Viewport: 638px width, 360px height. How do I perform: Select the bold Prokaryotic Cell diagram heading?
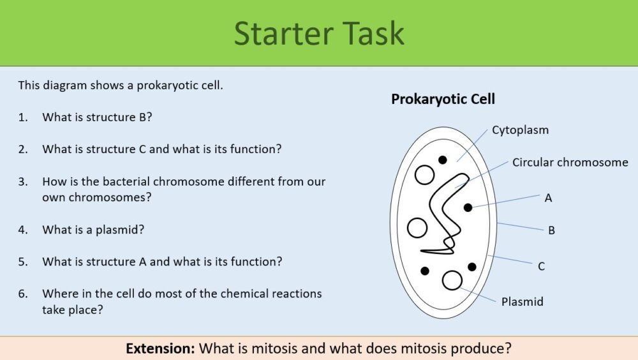pos(443,100)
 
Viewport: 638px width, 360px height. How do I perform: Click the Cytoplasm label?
pos(520,130)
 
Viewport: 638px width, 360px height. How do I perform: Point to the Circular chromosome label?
pos(570,163)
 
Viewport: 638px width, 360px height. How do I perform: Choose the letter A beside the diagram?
pos(548,198)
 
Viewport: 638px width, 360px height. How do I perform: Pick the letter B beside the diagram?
pos(551,230)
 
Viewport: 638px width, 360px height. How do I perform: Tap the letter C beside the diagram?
pos(541,266)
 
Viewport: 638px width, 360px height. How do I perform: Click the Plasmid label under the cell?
pos(522,301)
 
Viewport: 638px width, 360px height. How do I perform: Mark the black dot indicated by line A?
pos(468,207)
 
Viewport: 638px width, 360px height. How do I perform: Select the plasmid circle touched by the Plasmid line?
pos(452,280)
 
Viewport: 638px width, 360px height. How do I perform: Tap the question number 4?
pos(23,230)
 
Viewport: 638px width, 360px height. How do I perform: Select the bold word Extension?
pos(160,349)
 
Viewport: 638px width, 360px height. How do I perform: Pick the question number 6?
pos(23,294)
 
